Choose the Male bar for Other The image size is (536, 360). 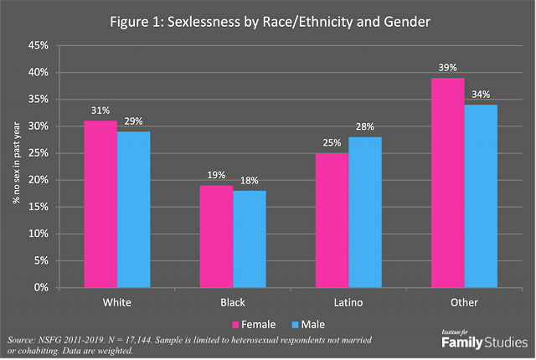pos(480,196)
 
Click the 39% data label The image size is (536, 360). pos(447,67)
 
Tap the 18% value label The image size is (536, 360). pos(249,181)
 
